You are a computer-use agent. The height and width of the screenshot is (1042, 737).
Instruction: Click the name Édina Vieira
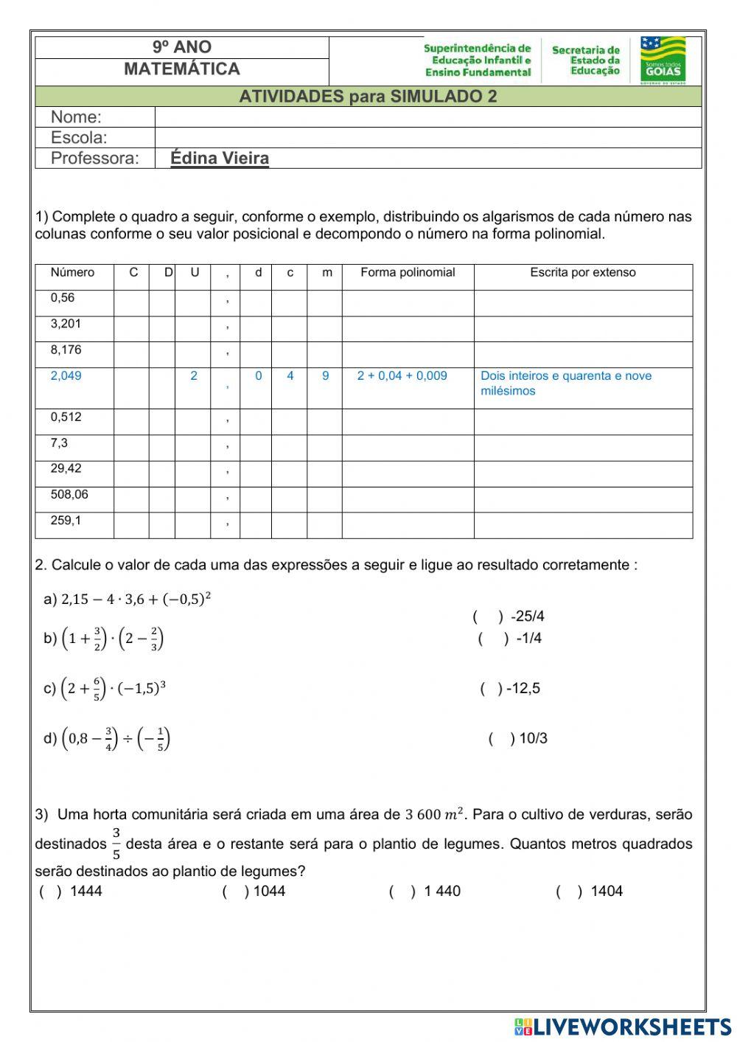coord(220,158)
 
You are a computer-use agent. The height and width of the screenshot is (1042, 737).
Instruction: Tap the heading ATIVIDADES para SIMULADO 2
coord(368,97)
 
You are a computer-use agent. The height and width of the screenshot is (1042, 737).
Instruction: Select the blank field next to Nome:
coord(427,117)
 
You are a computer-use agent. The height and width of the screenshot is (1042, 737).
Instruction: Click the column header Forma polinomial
coord(408,273)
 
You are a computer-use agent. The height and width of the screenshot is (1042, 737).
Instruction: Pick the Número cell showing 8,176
coord(66,350)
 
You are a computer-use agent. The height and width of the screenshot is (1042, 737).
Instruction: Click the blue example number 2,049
coord(66,376)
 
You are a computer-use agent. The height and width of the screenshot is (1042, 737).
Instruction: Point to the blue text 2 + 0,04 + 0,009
coord(402,376)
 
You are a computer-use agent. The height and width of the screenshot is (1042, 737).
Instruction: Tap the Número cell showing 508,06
coord(69,495)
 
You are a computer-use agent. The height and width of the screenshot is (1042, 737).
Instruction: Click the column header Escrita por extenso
coord(582,273)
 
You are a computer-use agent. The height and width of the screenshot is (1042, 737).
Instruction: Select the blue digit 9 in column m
coord(325,376)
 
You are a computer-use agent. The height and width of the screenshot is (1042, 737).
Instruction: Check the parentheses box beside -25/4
coord(487,616)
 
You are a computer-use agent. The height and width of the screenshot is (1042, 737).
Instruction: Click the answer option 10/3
coord(533,738)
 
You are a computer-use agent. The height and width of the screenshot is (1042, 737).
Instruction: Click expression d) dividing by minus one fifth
coord(108,738)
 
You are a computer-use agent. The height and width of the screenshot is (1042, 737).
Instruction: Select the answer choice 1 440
coord(442,892)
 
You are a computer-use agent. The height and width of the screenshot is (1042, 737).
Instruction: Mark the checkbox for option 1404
coord(568,892)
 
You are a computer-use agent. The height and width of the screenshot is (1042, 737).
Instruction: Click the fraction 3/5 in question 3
coord(116,844)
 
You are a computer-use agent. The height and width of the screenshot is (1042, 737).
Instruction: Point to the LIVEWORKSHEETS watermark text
coord(623,1027)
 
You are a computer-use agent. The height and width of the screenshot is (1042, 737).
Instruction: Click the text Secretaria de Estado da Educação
coord(586,60)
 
